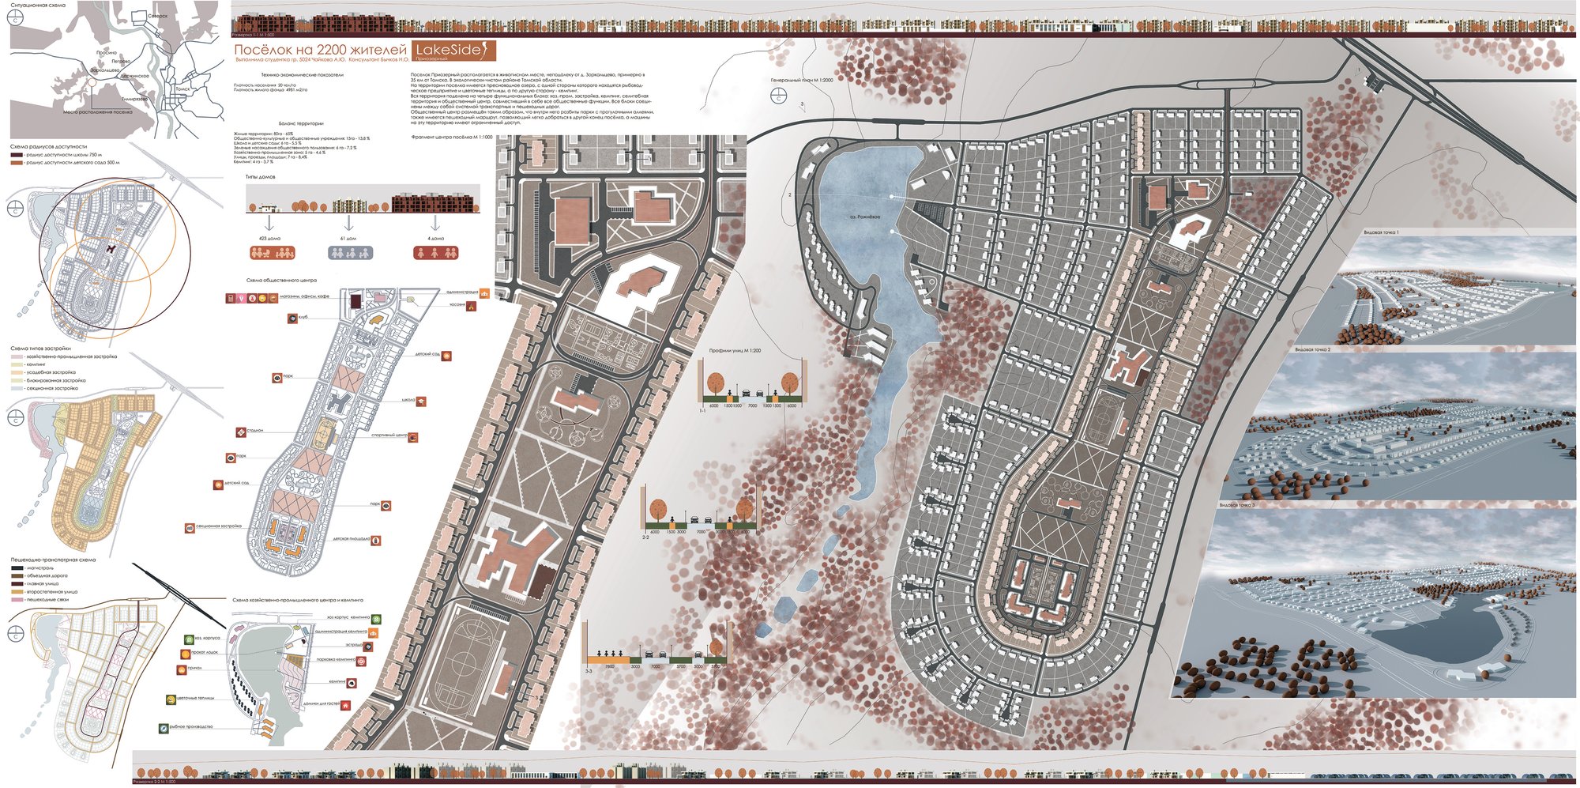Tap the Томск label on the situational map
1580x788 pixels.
(182, 89)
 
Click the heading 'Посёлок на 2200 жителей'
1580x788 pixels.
(320, 51)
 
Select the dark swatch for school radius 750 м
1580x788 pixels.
(17, 155)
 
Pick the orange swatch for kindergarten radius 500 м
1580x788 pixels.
(17, 163)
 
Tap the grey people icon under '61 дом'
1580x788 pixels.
(350, 253)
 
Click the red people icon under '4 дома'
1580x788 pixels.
(436, 253)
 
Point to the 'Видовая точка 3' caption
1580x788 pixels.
(1236, 504)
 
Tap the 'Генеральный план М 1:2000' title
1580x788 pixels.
(802, 80)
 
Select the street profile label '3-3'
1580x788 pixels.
(589, 671)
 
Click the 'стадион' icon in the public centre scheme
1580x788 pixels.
(239, 432)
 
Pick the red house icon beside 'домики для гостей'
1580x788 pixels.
(345, 704)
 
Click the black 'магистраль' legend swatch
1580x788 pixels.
(17, 567)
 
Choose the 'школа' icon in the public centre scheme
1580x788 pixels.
(423, 402)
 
